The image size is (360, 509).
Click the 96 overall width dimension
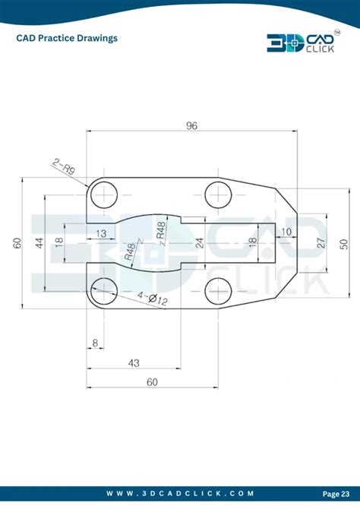[191, 125]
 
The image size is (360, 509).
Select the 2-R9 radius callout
[64, 164]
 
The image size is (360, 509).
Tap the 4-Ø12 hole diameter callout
[153, 299]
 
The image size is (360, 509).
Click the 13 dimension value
[100, 233]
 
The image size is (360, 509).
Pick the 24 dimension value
[200, 243]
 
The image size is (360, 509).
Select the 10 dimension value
[286, 232]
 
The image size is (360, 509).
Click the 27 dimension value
[321, 243]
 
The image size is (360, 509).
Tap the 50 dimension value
[344, 243]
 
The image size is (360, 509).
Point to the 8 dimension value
[95, 343]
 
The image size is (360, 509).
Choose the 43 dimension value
[134, 363]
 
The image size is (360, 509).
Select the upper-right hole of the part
[218, 196]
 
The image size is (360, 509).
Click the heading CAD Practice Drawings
[67, 37]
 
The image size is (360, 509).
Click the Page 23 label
[336, 493]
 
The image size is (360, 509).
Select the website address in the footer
[180, 493]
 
